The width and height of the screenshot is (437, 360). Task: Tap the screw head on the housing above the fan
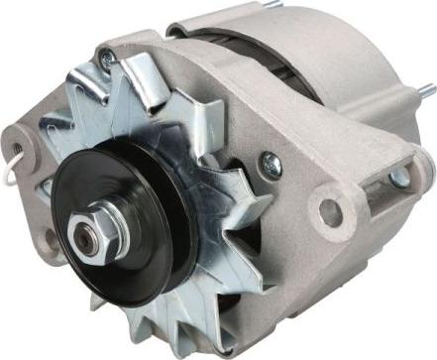coord(106,61)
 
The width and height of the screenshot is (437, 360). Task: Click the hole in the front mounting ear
coord(330,211)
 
